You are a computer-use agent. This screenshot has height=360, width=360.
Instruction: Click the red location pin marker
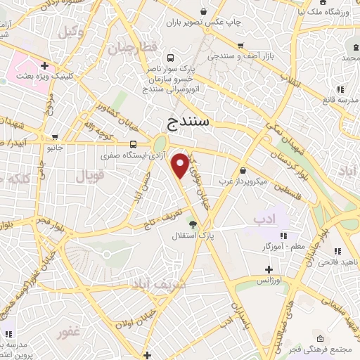181,166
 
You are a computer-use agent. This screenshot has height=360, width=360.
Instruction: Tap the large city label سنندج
189,124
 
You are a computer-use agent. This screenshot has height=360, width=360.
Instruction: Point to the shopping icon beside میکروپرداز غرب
243,169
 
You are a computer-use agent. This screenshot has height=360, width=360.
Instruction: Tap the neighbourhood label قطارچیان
130,49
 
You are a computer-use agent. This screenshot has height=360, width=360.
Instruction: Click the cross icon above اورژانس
269,269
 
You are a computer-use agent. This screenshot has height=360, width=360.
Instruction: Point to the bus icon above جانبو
55,138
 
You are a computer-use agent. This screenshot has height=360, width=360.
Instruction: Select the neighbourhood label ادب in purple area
259,220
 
